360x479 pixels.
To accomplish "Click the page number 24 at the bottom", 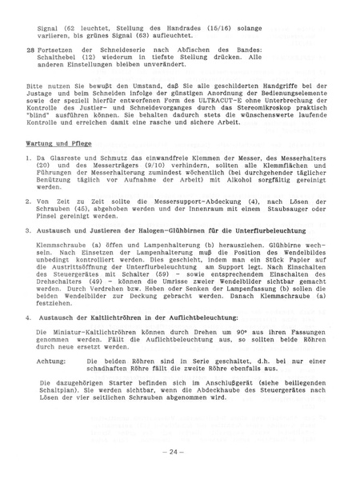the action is point(178,452).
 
